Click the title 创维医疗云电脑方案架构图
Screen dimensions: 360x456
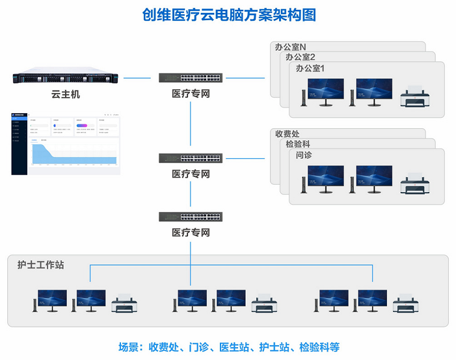(x=229, y=14)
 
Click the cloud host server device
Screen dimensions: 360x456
(x=64, y=77)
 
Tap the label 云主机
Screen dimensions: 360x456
(x=65, y=95)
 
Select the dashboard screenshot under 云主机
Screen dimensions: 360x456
(x=65, y=143)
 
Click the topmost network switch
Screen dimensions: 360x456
(x=191, y=77)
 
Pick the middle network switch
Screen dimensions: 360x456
(x=191, y=158)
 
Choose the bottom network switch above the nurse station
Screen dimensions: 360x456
(x=191, y=216)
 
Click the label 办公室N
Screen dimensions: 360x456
(x=290, y=48)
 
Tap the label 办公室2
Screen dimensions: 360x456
(x=300, y=57)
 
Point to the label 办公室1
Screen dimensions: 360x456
(x=310, y=68)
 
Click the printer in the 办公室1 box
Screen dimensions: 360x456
(x=414, y=97)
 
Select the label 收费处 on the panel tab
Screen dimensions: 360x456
(x=288, y=134)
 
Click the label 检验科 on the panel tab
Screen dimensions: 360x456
(x=299, y=145)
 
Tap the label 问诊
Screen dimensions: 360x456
(x=304, y=155)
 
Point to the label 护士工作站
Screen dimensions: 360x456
(x=41, y=265)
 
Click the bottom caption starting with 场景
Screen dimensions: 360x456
(x=229, y=346)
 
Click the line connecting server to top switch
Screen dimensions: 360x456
(x=141, y=77)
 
